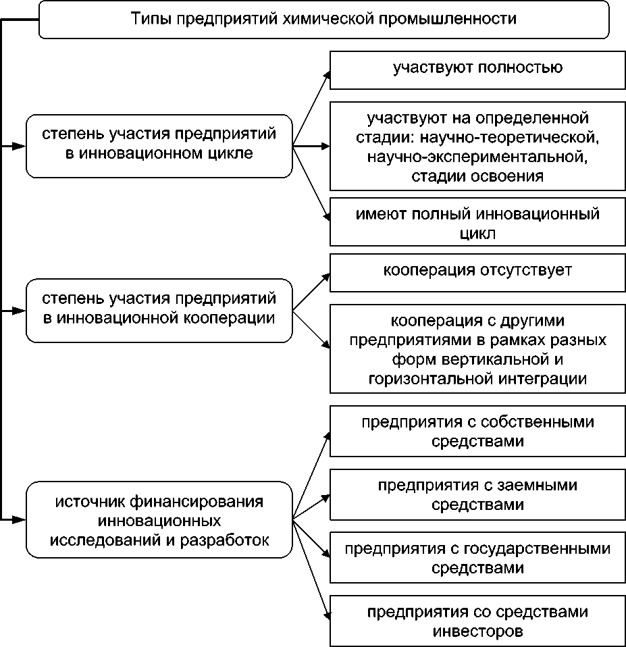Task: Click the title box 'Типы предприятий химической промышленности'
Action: pos(324,20)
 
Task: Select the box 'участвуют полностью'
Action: pos(477,68)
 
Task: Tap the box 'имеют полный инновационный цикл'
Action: pos(477,224)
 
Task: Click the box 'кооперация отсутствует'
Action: pos(477,271)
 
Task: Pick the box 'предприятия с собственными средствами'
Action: pos(477,431)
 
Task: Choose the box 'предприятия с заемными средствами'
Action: pos(477,494)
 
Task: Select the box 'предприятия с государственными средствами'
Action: pos(477,557)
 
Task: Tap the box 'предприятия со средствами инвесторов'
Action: pos(477,621)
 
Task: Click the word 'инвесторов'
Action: pos(477,632)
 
